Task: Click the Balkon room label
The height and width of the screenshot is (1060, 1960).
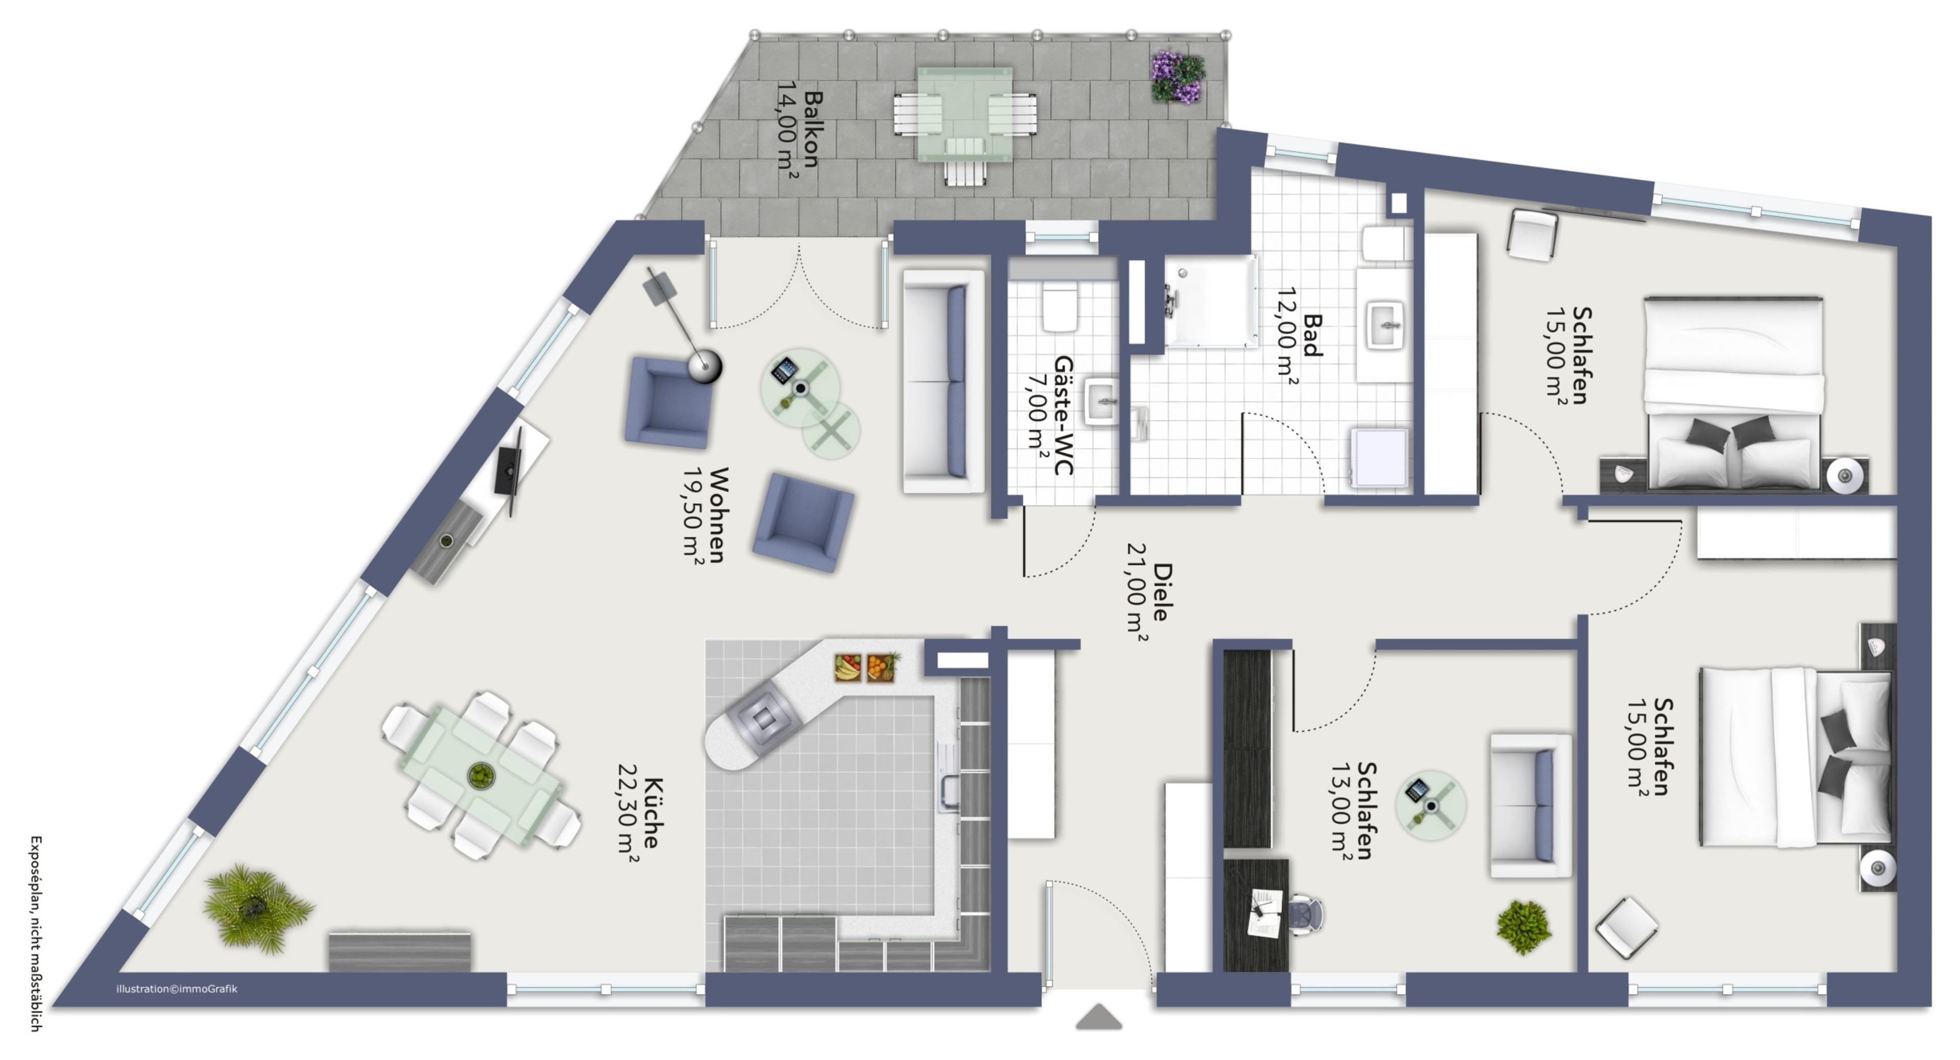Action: (798, 130)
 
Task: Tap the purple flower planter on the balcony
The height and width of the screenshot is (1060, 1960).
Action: (1178, 77)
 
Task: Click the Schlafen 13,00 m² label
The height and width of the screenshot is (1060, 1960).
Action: (1354, 811)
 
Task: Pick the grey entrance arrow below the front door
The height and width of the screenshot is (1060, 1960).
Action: (1099, 1018)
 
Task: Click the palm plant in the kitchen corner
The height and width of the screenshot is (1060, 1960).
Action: (256, 908)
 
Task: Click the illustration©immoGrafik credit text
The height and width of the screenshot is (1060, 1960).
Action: (177, 989)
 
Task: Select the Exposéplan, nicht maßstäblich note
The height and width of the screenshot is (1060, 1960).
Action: (36, 933)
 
